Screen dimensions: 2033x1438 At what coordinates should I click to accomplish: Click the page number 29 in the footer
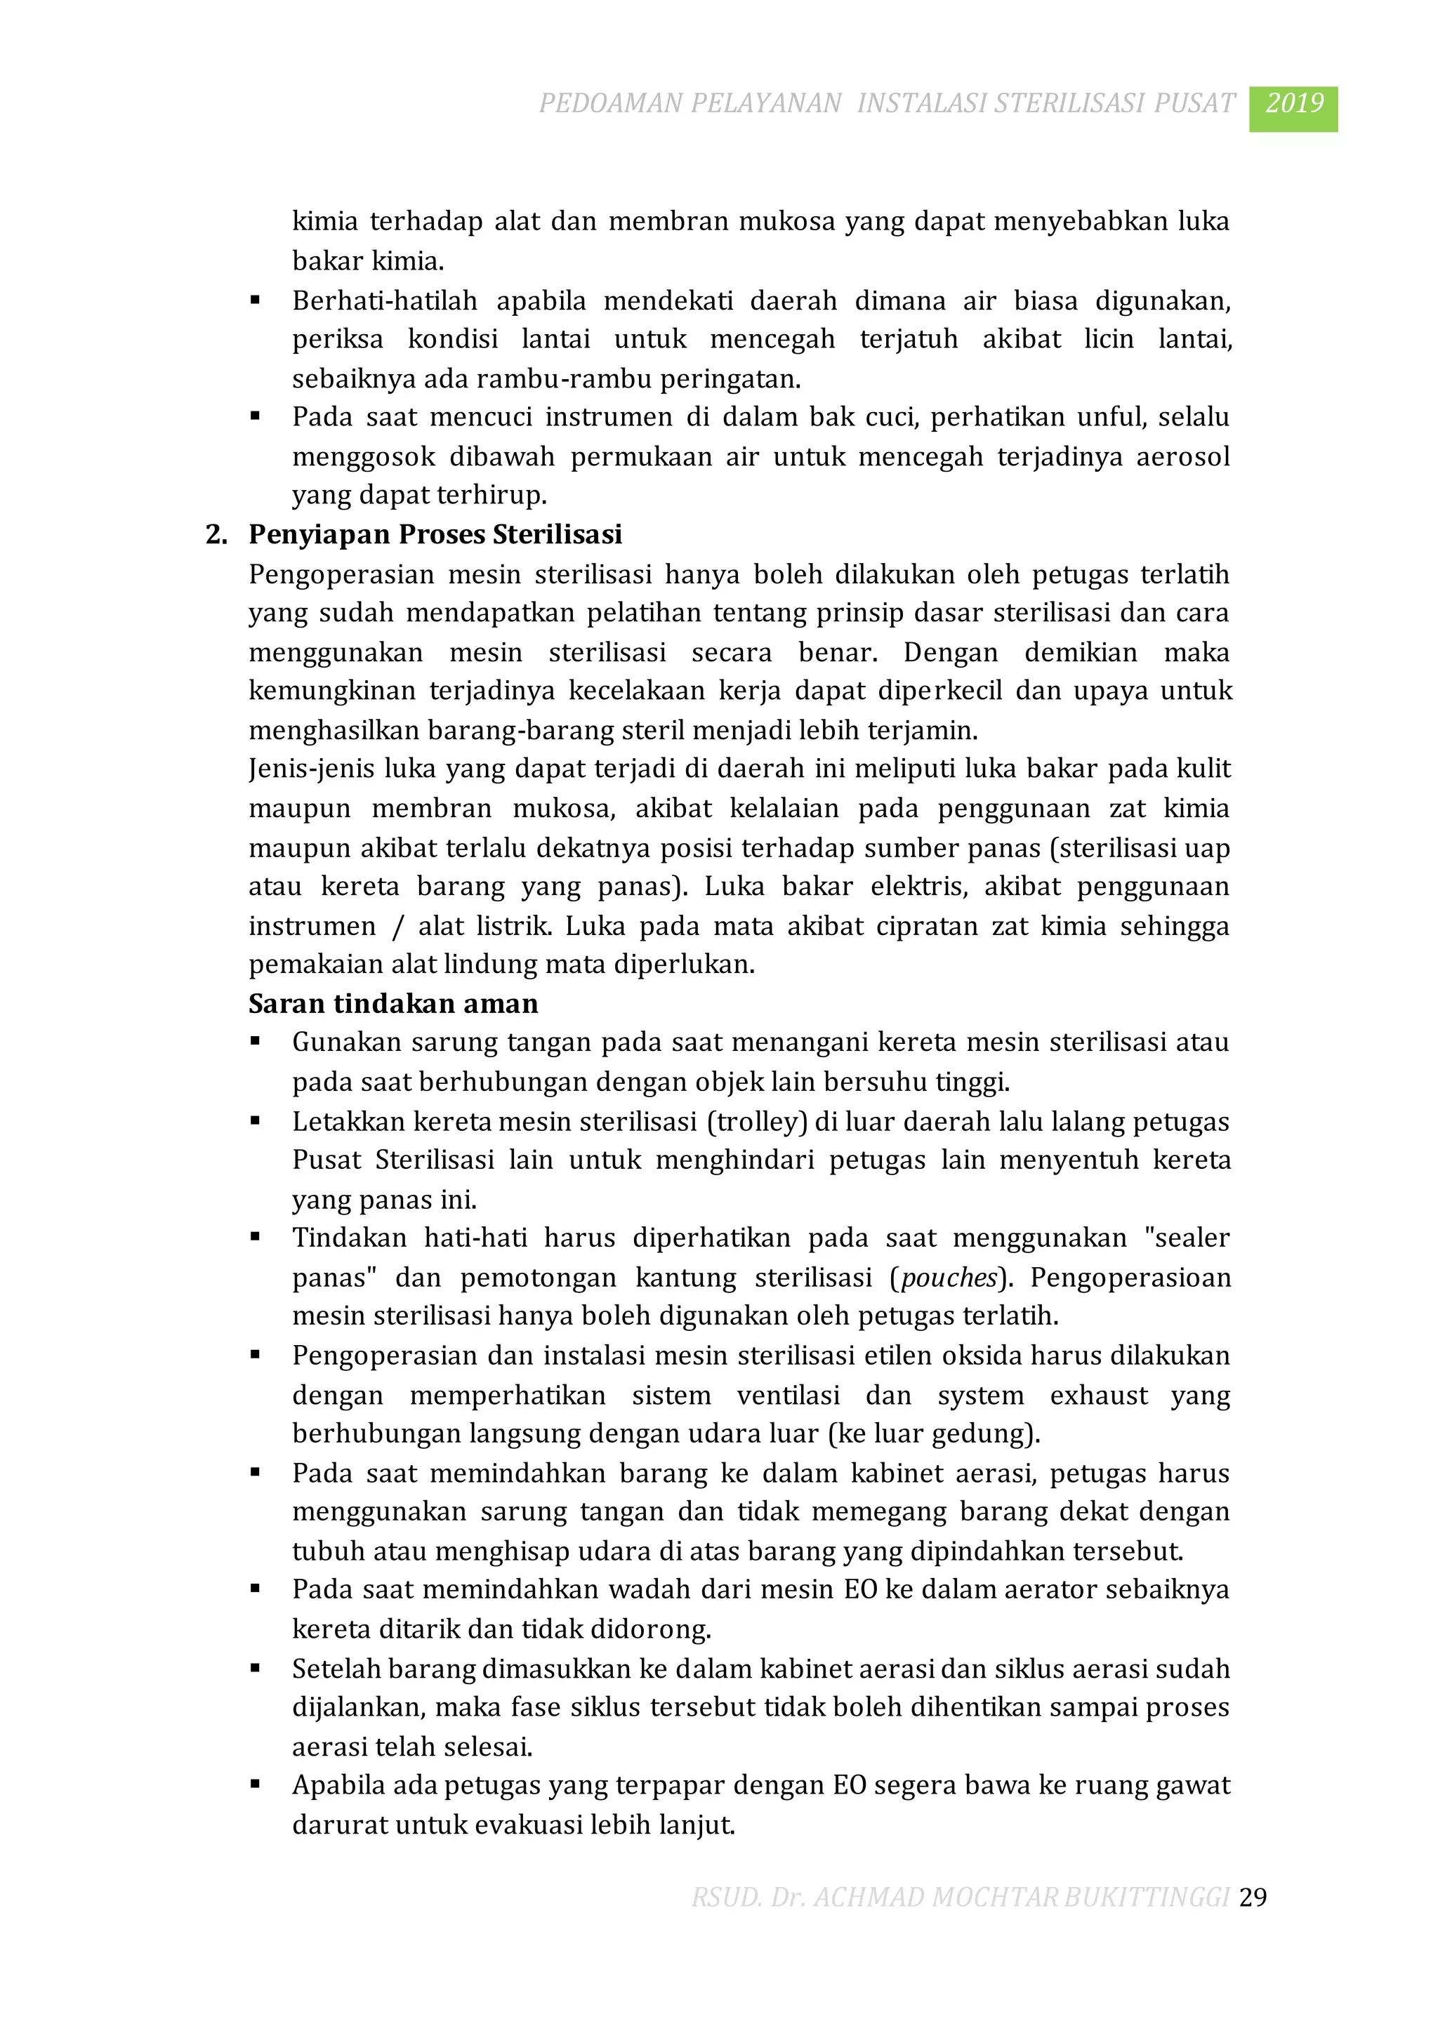[1253, 1897]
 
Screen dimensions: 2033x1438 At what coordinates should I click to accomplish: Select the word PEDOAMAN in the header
[610, 104]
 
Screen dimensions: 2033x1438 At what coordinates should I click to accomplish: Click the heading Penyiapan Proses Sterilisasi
[435, 535]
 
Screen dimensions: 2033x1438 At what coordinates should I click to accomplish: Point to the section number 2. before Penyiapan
[216, 535]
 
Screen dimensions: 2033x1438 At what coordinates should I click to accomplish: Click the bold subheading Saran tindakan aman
[393, 1003]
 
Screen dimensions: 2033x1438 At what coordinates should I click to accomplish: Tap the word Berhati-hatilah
[384, 301]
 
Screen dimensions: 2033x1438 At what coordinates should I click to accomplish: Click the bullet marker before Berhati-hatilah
[255, 301]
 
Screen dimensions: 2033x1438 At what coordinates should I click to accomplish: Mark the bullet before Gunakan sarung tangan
[255, 1042]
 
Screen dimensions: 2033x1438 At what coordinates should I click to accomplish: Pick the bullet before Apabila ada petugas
[255, 1785]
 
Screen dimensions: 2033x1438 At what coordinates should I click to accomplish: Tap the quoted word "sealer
[1187, 1238]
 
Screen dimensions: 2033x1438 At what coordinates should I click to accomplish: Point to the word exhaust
[1098, 1396]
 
